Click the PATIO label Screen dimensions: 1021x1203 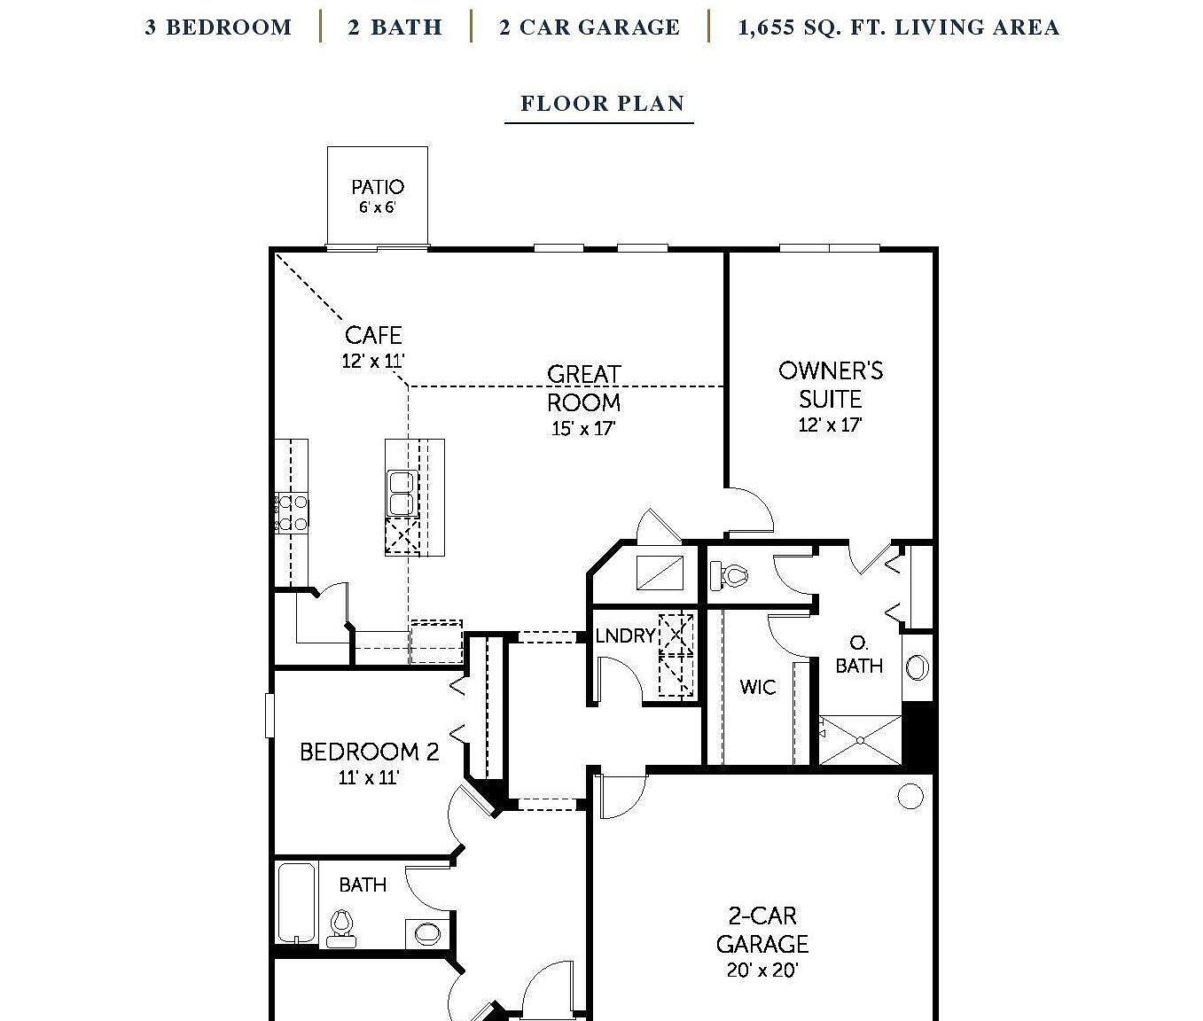click(x=378, y=187)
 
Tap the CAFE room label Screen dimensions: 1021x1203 click(x=373, y=335)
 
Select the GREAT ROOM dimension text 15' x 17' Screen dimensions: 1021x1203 click(x=583, y=429)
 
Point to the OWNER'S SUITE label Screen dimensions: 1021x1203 click(x=831, y=384)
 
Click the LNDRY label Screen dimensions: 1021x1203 click(x=625, y=635)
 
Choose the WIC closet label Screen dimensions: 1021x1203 click(x=757, y=687)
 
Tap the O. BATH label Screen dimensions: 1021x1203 click(x=859, y=654)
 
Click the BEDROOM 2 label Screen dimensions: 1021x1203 click(x=369, y=752)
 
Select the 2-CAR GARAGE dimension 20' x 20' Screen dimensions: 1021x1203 click(x=762, y=970)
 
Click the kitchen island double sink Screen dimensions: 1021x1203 click(x=402, y=493)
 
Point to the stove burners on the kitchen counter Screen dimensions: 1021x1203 click(x=292, y=513)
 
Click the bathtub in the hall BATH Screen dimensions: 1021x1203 click(x=296, y=901)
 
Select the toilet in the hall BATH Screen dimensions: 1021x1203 click(x=340, y=926)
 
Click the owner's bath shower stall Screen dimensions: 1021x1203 click(x=860, y=739)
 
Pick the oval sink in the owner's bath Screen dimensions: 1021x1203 click(x=918, y=666)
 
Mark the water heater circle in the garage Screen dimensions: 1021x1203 click(x=910, y=796)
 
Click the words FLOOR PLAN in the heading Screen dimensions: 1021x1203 click(x=602, y=104)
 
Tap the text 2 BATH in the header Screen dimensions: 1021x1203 click(x=394, y=27)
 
